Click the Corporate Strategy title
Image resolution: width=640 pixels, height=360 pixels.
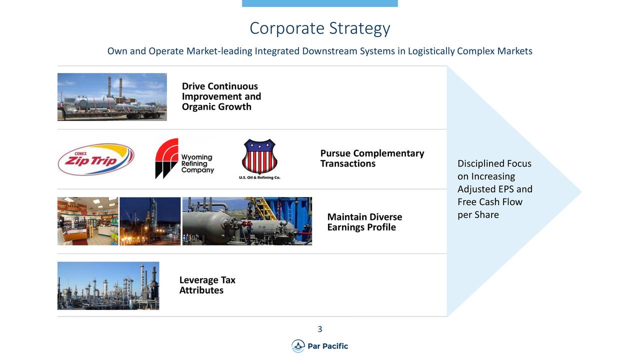[x=319, y=28]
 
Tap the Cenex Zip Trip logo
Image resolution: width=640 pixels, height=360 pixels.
[x=96, y=159]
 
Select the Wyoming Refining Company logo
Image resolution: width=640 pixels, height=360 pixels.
[x=184, y=158]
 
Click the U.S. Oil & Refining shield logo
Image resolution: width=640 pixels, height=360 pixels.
[x=259, y=159]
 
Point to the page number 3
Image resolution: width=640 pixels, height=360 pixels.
[x=319, y=329]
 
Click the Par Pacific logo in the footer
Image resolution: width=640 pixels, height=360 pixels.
[x=319, y=346]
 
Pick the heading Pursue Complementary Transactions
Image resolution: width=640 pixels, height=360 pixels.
[x=372, y=158]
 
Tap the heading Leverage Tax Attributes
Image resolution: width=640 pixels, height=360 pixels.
[x=207, y=285]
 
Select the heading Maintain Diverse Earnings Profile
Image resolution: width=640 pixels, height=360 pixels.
[x=364, y=222]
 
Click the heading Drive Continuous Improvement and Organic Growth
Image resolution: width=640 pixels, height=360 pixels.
[x=221, y=96]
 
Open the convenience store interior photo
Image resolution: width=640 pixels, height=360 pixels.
[x=87, y=221]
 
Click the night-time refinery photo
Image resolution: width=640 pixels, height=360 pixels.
[x=150, y=221]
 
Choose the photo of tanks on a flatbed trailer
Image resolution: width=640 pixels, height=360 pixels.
[x=112, y=97]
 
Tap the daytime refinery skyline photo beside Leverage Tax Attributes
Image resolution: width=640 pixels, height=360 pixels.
[x=108, y=285]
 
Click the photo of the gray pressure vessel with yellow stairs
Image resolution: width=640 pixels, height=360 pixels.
[x=247, y=221]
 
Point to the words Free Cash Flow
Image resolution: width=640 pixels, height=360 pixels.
[x=489, y=202]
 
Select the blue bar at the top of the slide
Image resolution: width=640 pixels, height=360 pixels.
[x=319, y=3]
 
